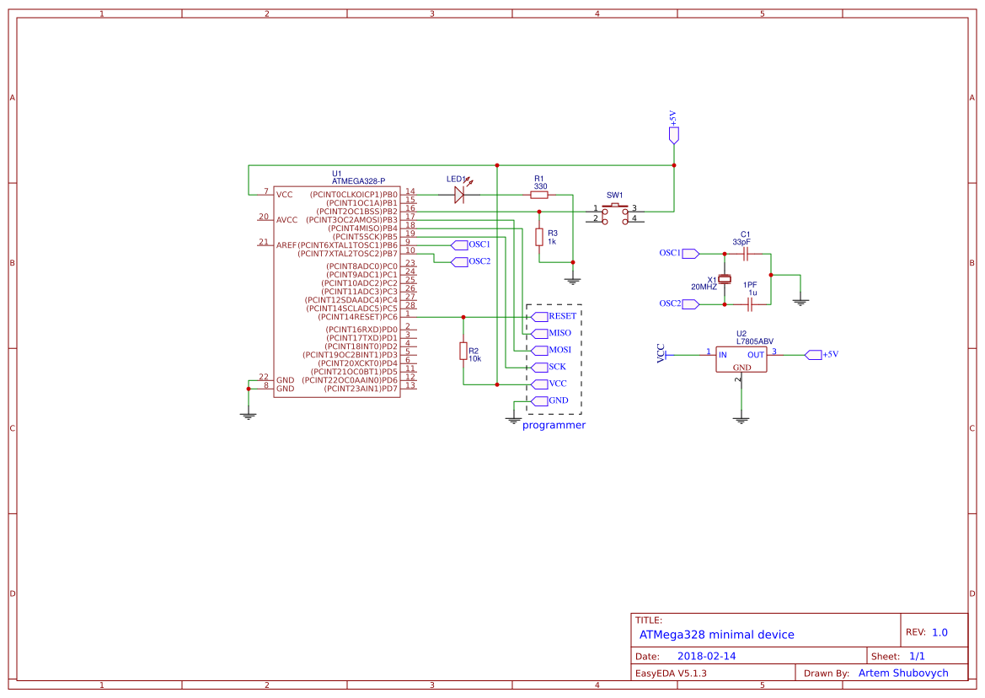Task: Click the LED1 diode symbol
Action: (x=459, y=195)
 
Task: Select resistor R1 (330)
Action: (x=539, y=195)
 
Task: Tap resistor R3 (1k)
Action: (x=539, y=237)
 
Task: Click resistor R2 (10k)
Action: (x=463, y=351)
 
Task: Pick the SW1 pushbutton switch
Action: (x=615, y=213)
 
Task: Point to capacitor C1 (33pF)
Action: (x=745, y=253)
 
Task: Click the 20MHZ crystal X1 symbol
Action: (x=724, y=279)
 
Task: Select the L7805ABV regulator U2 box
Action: (x=741, y=360)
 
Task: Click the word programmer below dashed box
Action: (x=554, y=426)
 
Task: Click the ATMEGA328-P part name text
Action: (x=358, y=181)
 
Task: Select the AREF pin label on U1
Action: (x=286, y=245)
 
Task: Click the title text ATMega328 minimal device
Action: (x=716, y=635)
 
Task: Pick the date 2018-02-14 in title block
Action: (x=706, y=656)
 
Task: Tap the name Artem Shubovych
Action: (x=902, y=673)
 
